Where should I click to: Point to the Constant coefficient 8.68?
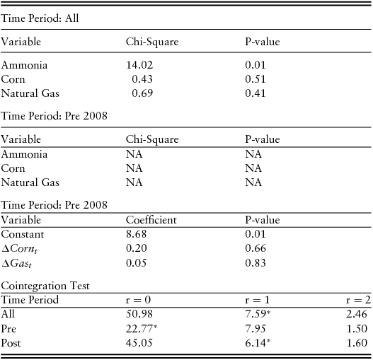click(135, 234)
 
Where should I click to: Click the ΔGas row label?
click(18, 263)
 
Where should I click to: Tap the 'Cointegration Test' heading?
click(45, 285)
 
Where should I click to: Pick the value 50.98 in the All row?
click(138, 314)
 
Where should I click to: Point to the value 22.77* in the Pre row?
click(140, 328)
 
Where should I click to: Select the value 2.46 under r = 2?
click(357, 314)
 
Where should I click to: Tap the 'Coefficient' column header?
click(151, 220)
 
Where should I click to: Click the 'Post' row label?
click(11, 343)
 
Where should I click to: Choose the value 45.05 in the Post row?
click(138, 343)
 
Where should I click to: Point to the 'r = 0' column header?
click(138, 299)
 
